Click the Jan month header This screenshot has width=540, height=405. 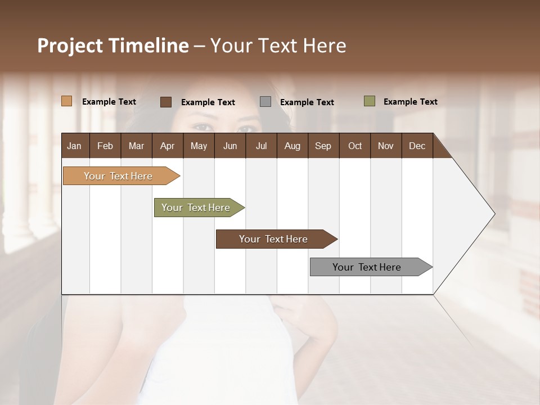point(74,146)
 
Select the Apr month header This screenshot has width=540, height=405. point(167,146)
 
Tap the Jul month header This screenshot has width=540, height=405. point(261,146)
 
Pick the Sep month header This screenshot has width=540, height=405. point(323,146)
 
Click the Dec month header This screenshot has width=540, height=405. point(417,146)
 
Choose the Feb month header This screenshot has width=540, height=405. point(105,146)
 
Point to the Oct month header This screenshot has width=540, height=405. point(355,146)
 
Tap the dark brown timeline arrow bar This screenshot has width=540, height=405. point(274,239)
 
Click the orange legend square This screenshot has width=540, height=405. point(67,101)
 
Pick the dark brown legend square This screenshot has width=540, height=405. point(166,102)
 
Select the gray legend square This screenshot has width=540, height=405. point(265,102)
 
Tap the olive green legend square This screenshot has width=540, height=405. point(370,101)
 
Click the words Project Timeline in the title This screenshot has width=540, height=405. point(112,46)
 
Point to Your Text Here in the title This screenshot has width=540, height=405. point(278,46)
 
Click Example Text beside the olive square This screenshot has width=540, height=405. point(410,102)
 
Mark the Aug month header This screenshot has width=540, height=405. point(292,146)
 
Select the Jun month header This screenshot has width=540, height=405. point(230,146)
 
